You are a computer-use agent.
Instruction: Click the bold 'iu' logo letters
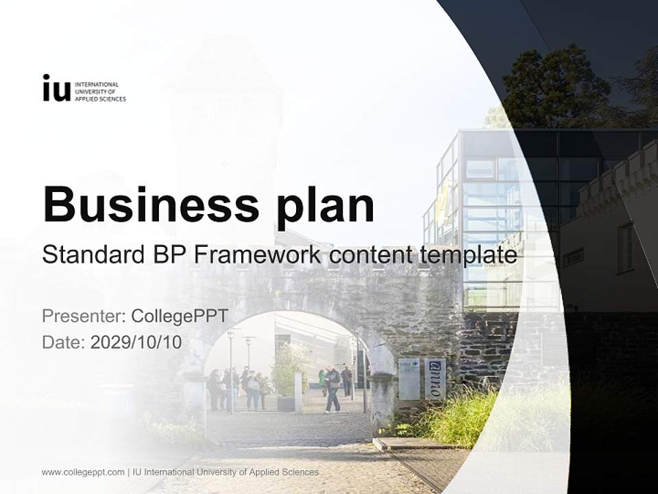(x=56, y=89)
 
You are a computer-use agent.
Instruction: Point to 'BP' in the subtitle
(x=167, y=255)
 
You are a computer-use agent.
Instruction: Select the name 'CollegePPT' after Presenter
(x=179, y=316)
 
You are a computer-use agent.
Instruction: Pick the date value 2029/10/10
(x=136, y=342)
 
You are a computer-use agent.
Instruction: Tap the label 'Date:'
(x=64, y=342)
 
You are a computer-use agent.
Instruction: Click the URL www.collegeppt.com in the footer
(x=83, y=472)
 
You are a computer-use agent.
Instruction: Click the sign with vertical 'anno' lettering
(x=435, y=378)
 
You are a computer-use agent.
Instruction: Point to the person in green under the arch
(x=321, y=381)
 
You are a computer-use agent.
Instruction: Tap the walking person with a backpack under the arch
(x=333, y=390)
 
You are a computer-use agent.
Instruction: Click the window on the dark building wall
(x=625, y=248)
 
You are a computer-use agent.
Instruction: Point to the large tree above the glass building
(x=555, y=82)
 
